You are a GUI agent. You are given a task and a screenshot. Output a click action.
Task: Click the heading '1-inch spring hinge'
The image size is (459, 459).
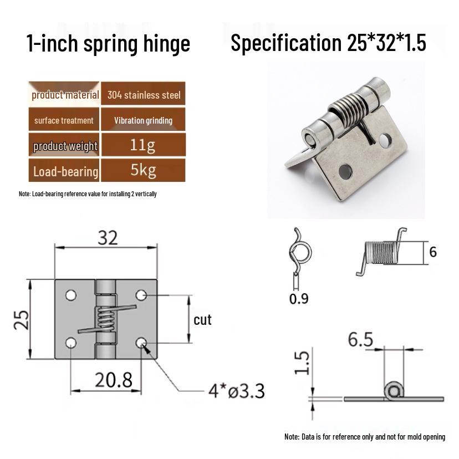pos(108,43)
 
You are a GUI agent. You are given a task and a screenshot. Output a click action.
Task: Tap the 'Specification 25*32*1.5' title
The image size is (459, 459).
pos(328,43)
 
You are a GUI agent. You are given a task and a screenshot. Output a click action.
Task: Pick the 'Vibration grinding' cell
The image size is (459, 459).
pos(143,120)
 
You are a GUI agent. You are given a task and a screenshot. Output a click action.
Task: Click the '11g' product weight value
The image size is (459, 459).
pos(143,146)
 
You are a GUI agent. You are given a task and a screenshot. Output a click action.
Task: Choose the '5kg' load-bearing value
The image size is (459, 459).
pos(143,170)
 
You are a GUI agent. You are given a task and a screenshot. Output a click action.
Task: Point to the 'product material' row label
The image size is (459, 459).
pos(65,95)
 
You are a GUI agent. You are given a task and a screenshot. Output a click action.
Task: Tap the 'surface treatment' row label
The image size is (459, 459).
pos(64,120)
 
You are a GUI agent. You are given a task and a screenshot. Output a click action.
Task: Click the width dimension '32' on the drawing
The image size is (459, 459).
pos(108,238)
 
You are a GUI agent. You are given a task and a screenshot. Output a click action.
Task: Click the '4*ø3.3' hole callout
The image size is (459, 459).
pos(236,391)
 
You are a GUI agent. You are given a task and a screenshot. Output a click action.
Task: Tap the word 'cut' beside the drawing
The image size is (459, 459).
pos(202,320)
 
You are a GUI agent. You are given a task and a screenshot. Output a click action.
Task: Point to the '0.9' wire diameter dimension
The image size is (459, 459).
pos(299,299)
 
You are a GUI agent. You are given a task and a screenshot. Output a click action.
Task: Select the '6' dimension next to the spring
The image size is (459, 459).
pos(433,252)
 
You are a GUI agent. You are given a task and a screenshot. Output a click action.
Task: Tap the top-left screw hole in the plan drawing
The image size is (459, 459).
pos(71,295)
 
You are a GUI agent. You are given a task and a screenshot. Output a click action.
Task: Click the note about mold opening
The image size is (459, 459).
pos(364,437)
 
